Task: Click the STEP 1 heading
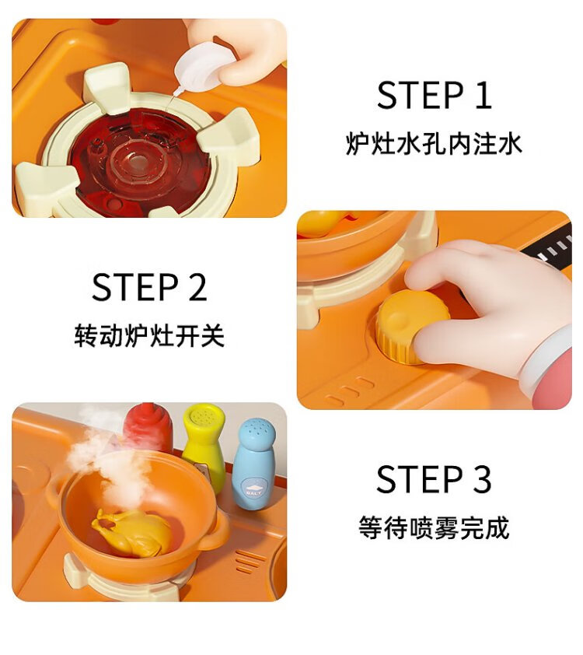click(434, 95)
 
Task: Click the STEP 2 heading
click(149, 287)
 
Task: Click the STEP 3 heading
click(434, 479)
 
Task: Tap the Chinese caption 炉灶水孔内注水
click(434, 144)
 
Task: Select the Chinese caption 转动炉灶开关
click(149, 335)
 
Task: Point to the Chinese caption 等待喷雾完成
click(434, 527)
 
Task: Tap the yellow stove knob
click(411, 327)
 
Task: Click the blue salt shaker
click(255, 463)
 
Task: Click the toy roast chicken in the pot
click(132, 532)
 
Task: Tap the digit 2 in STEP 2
click(197, 287)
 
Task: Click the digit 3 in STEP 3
click(482, 479)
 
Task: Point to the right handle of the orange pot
click(217, 531)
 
